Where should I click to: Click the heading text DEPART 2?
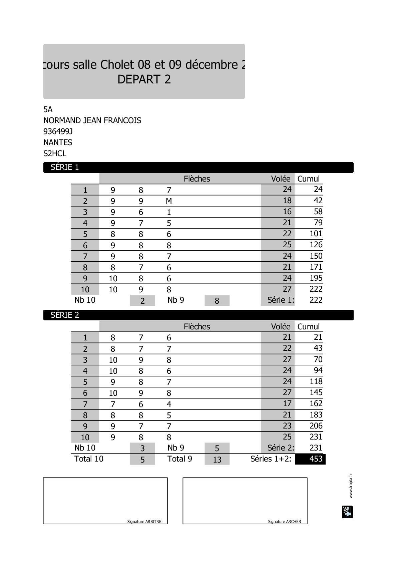point(144,79)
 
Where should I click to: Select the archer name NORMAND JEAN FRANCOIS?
point(92,120)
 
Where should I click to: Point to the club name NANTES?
point(58,143)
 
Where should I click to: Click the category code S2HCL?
point(55,154)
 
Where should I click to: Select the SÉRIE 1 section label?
point(65,167)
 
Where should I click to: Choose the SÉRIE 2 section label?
point(65,315)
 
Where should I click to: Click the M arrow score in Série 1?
point(169,201)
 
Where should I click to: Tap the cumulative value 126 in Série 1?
point(316,245)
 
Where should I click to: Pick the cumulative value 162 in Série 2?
point(316,403)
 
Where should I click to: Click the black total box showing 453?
point(310,459)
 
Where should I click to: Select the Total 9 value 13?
point(217,460)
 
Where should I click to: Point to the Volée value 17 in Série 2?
point(287,403)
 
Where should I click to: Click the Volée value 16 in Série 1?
point(287,212)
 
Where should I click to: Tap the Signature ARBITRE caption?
point(144,521)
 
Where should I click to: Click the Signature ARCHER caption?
point(284,521)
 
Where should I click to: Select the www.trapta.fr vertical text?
point(350,486)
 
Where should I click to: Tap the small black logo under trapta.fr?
point(347,512)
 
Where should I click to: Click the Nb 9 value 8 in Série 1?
point(217,301)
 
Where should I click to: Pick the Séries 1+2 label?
point(271,459)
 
